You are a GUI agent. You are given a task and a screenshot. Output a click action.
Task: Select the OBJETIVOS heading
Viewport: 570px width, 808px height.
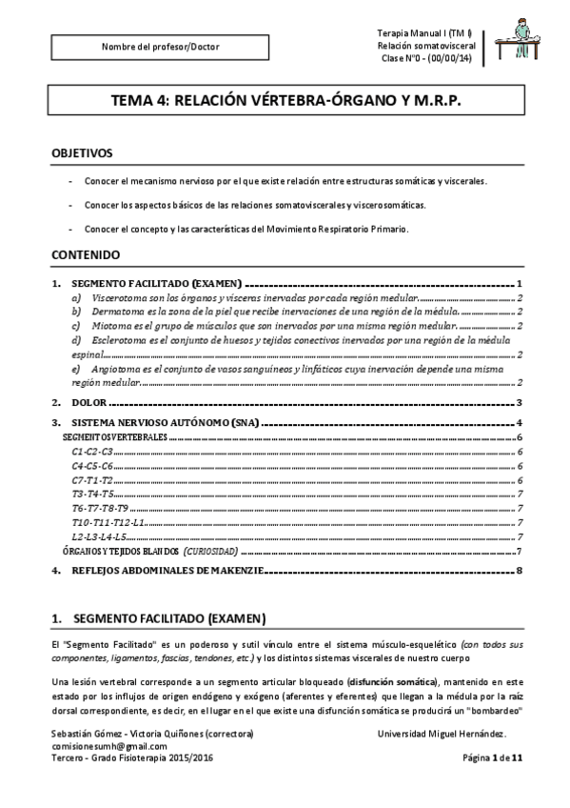[x=82, y=152]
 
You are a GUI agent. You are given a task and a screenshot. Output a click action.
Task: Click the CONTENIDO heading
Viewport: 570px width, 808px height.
[x=86, y=255]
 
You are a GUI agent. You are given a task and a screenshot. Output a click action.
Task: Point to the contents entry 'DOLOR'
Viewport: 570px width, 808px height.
[x=93, y=403]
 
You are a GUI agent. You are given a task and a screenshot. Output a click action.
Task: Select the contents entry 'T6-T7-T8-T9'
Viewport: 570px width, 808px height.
[x=100, y=510]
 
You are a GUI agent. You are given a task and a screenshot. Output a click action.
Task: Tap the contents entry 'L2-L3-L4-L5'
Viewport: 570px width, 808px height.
[x=99, y=537]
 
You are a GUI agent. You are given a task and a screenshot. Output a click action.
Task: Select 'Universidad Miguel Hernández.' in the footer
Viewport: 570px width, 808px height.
[x=442, y=734]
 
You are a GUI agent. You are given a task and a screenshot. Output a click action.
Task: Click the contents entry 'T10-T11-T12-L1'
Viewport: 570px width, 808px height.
[x=108, y=524]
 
